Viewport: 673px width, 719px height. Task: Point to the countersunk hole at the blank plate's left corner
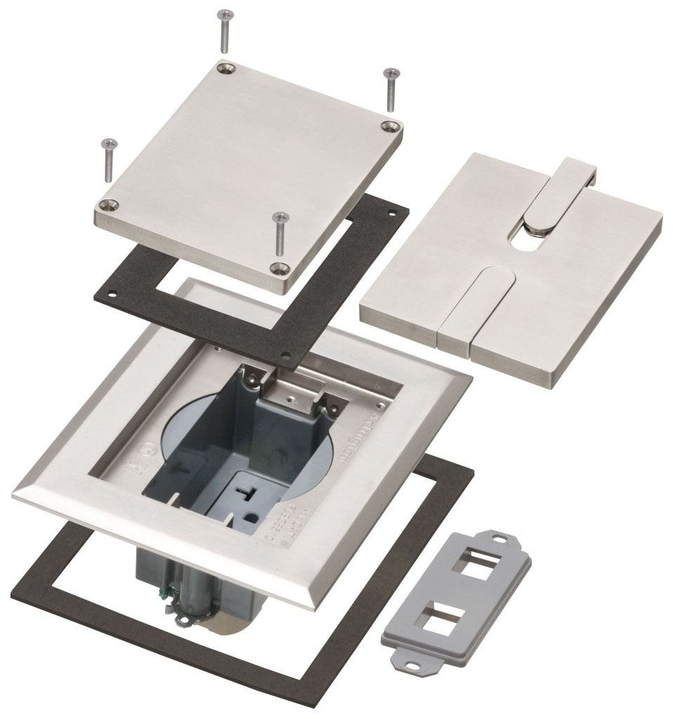tap(107, 205)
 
